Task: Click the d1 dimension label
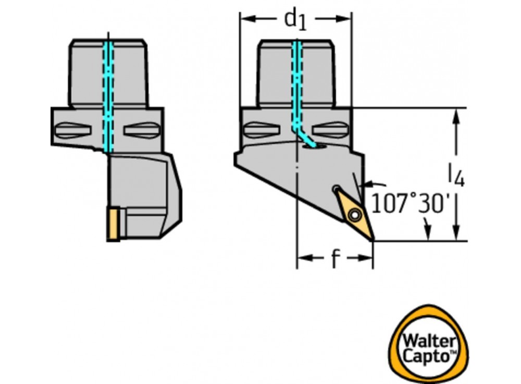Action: (294, 19)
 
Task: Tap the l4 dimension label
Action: (456, 175)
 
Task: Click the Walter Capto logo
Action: (428, 344)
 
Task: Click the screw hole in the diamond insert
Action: (354, 213)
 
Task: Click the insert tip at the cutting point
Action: (373, 240)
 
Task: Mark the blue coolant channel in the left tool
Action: (108, 94)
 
